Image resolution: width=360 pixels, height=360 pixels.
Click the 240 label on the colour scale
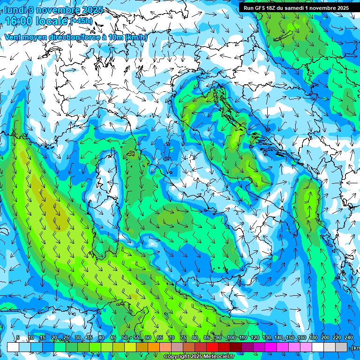[x=349, y=337]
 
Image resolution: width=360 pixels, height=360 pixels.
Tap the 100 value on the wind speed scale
[x=232, y=337]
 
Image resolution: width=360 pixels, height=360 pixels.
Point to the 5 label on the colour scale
[x=18, y=337]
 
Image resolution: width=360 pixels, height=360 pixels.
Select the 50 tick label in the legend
[x=125, y=337]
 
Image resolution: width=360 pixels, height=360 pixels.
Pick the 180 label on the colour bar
[x=314, y=337]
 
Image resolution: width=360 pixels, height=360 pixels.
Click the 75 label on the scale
[x=183, y=337]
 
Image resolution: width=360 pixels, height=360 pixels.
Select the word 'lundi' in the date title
[x=15, y=10]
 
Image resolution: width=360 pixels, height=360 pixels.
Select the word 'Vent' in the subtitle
[x=14, y=37]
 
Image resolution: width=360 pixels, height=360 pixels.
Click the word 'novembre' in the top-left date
[x=52, y=10]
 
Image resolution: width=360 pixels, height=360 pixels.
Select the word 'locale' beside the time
[x=54, y=21]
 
